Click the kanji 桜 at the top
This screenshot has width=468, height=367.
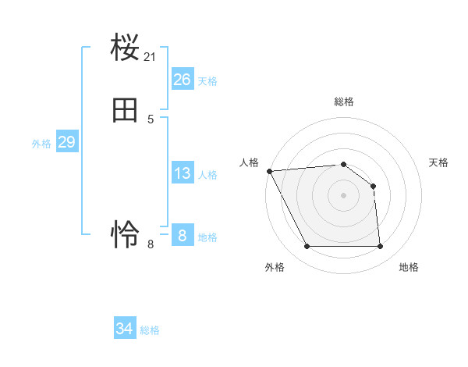click(x=125, y=49)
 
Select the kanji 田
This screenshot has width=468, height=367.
click(x=125, y=112)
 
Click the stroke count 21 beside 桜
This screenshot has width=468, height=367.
click(x=151, y=56)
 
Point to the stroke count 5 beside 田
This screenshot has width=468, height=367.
click(x=151, y=119)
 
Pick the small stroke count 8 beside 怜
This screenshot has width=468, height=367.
click(x=151, y=244)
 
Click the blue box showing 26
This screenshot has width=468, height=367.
click(x=182, y=80)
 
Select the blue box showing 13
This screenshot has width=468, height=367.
click(x=182, y=173)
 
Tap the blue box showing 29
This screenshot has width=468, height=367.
click(x=66, y=142)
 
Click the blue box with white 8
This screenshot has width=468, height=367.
click(x=182, y=235)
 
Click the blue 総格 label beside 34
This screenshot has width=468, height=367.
click(x=150, y=330)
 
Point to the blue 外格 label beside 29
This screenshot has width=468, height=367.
click(x=41, y=144)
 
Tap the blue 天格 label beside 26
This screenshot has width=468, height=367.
click(x=207, y=81)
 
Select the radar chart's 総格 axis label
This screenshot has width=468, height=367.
click(x=343, y=102)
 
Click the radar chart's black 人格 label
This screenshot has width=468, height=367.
click(x=249, y=162)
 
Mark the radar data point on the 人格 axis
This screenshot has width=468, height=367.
click(x=269, y=171)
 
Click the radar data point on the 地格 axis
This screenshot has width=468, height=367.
click(x=380, y=247)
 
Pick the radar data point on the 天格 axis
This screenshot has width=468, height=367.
click(x=373, y=186)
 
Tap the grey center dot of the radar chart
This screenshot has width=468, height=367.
click(x=343, y=195)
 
